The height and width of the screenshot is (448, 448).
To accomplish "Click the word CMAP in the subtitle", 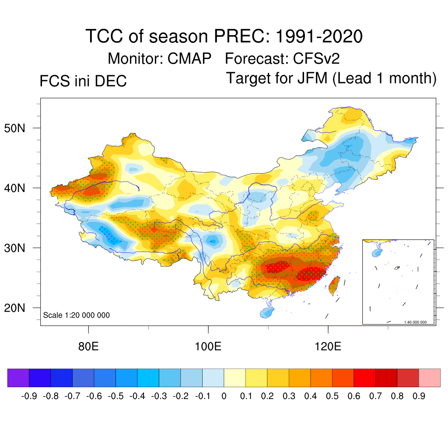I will tap(190, 58).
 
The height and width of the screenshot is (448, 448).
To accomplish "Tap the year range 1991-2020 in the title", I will tap(319, 36).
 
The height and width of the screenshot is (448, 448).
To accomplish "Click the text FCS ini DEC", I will tap(83, 81).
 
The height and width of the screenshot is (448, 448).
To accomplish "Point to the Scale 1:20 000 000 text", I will tap(77, 315).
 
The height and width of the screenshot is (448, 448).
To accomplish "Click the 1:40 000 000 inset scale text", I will tap(415, 322).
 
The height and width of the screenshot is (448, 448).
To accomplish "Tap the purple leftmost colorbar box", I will tap(18, 378).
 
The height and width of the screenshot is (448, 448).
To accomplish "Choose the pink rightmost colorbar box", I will tap(430, 378).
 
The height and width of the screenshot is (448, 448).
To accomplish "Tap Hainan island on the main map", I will tap(267, 312).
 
